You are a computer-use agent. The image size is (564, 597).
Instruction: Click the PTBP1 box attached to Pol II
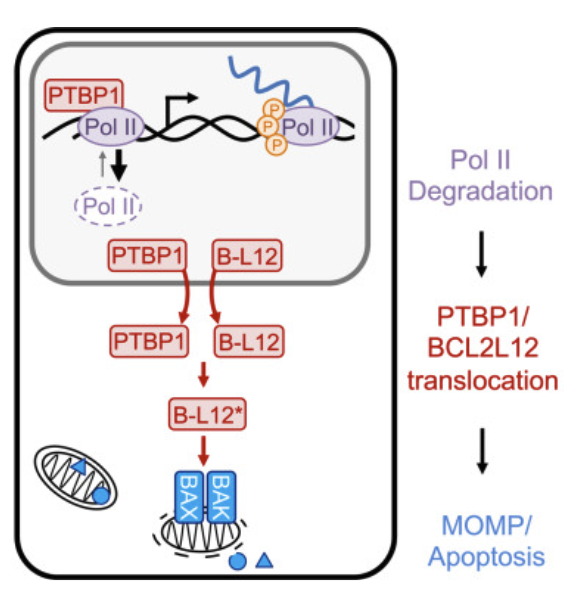point(84,95)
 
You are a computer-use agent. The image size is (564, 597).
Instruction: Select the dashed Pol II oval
point(108,206)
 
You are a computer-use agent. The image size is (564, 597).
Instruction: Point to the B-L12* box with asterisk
point(207,415)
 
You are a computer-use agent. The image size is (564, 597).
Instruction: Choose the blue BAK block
point(221,497)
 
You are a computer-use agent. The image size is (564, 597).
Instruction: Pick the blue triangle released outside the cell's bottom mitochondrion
point(264,561)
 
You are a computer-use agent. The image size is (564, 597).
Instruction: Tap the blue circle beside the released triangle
point(238,561)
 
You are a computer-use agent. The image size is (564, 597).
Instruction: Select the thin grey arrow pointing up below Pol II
point(102,164)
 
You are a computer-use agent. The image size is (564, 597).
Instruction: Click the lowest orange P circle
point(277,145)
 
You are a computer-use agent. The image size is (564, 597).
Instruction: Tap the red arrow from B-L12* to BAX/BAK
point(203,450)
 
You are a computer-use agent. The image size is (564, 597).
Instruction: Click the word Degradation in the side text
point(480,191)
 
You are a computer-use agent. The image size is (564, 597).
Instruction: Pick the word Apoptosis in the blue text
point(486,557)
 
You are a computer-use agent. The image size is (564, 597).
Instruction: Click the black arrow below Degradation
point(481,254)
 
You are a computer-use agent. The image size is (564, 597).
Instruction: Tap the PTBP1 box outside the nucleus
point(149,341)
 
